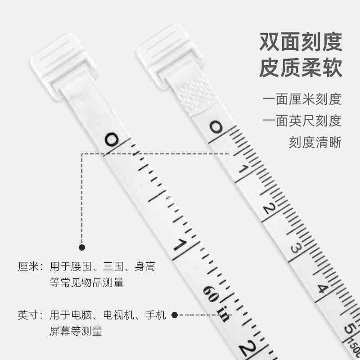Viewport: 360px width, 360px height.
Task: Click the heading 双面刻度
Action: click(301, 42)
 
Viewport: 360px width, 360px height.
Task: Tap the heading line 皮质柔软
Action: click(301, 69)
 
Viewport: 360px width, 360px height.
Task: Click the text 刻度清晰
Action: click(315, 143)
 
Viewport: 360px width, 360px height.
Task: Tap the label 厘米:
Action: click(30, 267)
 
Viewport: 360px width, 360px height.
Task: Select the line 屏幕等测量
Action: click(76, 332)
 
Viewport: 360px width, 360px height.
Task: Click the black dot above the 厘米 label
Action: click(82, 247)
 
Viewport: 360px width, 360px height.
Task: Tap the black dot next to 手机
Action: click(175, 315)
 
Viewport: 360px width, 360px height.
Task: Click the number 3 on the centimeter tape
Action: click(296, 248)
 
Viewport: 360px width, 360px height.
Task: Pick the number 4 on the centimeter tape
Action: click(321, 288)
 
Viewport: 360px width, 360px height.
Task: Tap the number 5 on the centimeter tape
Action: click(348, 328)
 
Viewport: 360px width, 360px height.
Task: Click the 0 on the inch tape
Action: click(111, 140)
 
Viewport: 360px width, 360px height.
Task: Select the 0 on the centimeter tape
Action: click(216, 128)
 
